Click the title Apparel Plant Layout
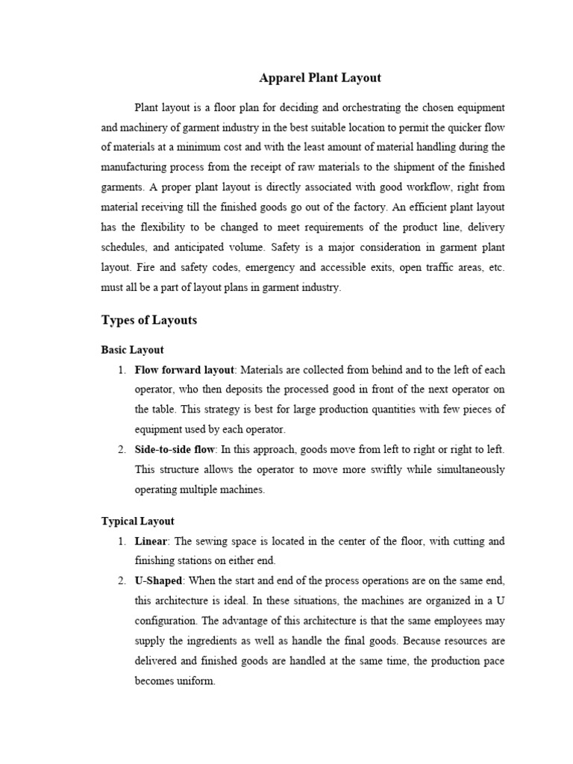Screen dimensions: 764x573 pos(319,78)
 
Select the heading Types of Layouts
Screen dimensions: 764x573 pos(149,320)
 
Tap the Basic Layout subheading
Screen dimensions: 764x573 pos(132,349)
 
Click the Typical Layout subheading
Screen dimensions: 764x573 pos(137,521)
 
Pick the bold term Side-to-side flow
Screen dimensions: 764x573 pos(175,449)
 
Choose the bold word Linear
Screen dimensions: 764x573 pos(151,541)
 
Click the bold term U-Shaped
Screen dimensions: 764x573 pos(158,580)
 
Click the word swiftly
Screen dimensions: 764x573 pos(352,469)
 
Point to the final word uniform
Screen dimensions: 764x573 pos(196,681)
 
